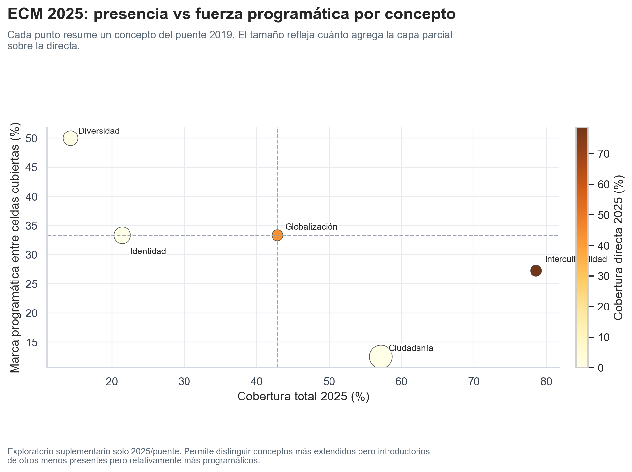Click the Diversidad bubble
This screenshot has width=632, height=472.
point(71,138)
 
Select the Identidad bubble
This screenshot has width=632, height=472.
point(122,235)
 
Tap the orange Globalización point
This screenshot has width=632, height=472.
point(277,235)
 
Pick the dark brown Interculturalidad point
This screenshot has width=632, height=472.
point(536,271)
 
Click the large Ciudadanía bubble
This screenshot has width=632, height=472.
point(381,357)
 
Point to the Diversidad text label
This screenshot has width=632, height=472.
point(99,131)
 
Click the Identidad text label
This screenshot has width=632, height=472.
point(148,251)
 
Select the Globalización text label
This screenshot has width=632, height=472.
point(311,227)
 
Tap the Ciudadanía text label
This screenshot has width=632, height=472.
point(411,348)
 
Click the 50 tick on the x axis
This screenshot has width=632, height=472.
point(329,382)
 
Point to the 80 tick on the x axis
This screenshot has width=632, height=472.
point(546,382)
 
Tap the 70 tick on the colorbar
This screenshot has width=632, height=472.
point(604,154)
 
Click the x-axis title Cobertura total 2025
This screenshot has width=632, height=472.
point(303,397)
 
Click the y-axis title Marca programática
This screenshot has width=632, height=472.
point(15,247)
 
